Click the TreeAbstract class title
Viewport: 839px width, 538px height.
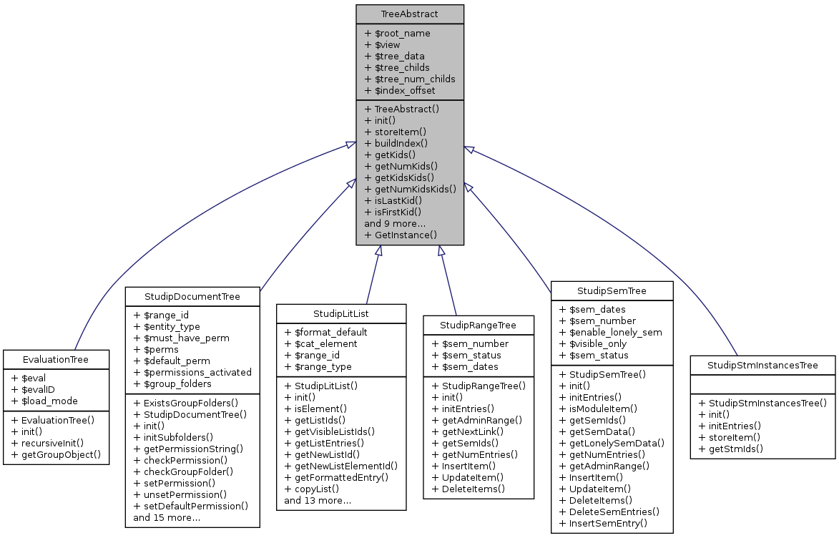(410, 14)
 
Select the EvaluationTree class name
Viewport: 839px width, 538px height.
(56, 359)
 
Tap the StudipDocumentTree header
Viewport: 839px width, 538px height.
(192, 296)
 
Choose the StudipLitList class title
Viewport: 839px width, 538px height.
(341, 313)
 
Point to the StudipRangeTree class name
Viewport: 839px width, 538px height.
(479, 325)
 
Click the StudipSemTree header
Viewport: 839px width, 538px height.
(612, 290)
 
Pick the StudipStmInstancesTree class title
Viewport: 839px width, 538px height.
(762, 366)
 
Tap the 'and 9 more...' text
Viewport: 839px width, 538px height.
(395, 223)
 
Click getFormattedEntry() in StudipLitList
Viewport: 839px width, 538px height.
(341, 477)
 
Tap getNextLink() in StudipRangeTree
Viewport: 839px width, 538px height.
(473, 431)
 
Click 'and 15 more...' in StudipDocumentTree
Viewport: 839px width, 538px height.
(167, 517)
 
